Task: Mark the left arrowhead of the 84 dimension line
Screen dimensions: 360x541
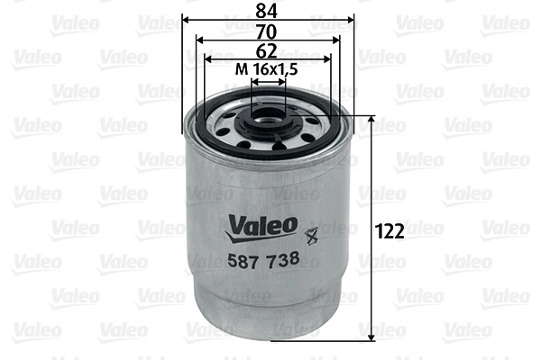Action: (187, 19)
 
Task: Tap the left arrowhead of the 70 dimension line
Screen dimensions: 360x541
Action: (200, 40)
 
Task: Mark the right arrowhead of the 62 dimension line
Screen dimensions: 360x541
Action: (328, 58)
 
